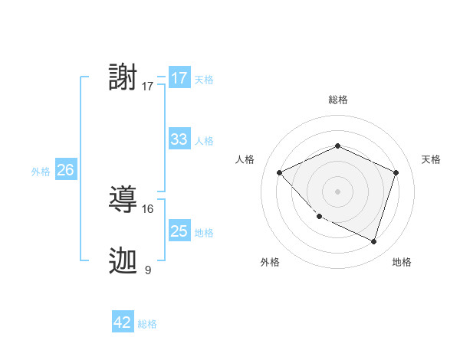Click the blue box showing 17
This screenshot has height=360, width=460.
pyautogui.click(x=179, y=78)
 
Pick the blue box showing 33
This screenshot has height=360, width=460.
pyautogui.click(x=179, y=139)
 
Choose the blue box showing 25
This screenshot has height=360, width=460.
pyautogui.click(x=179, y=231)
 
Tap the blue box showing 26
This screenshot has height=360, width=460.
pyautogui.click(x=65, y=170)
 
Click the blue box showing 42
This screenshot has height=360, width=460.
pyautogui.click(x=123, y=322)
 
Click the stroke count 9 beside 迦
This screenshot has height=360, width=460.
pyautogui.click(x=148, y=270)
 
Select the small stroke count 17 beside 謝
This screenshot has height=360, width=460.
pyautogui.click(x=148, y=87)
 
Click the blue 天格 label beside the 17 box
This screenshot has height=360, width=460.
pyautogui.click(x=204, y=79)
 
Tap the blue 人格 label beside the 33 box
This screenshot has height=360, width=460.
pyautogui.click(x=204, y=141)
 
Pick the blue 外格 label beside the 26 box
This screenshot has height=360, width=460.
pyautogui.click(x=41, y=172)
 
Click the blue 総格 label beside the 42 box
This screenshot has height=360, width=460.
pyautogui.click(x=147, y=324)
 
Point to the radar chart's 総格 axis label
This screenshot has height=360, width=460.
pyautogui.click(x=337, y=100)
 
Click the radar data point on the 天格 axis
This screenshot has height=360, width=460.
pyautogui.click(x=396, y=172)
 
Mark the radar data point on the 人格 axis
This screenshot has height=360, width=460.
pyautogui.click(x=280, y=172)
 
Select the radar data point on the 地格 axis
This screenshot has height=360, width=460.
pyautogui.click(x=373, y=241)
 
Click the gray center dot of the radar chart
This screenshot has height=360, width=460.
pyautogui.click(x=337, y=191)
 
